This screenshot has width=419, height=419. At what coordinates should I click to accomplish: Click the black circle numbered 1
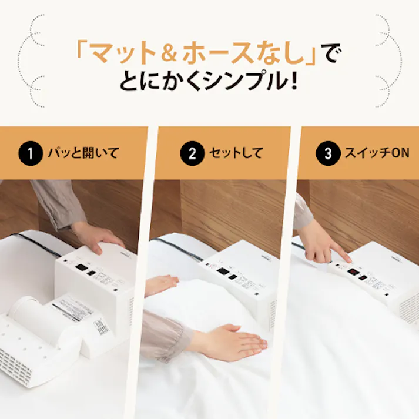pos(27,154)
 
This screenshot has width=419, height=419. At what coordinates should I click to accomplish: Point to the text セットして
pos(235,154)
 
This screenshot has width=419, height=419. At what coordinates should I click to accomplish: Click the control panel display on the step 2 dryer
pos(223,271)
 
